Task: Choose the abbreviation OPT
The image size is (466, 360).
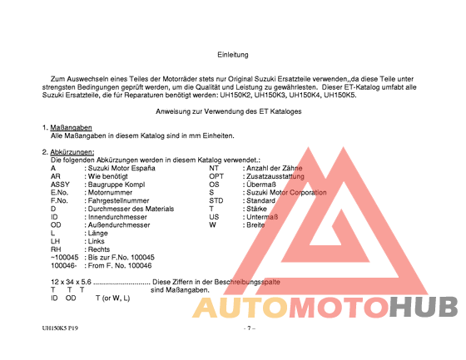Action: click(x=216, y=176)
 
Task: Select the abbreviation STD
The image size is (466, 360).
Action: click(x=216, y=200)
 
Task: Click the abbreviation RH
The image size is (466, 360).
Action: click(x=56, y=249)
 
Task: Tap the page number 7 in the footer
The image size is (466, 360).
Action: click(x=249, y=329)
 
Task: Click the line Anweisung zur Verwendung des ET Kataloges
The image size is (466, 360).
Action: click(x=229, y=111)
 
